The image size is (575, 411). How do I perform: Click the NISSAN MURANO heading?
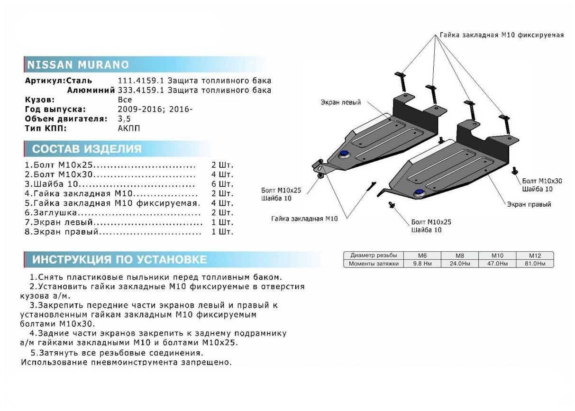pos(78,65)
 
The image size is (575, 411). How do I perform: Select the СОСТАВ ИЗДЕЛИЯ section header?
pos(87,149)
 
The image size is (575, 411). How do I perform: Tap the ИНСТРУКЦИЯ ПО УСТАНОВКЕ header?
pos(119,259)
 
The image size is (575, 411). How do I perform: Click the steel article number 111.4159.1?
pos(138,81)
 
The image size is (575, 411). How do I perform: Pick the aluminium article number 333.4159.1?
pos(138,90)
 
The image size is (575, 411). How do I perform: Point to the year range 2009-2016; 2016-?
pos(155,109)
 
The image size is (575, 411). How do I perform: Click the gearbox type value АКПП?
pos(129,128)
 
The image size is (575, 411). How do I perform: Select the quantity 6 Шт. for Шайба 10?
pos(222,184)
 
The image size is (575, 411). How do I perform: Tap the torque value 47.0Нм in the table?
pos(497,264)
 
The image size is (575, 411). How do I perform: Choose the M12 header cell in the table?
pos(534,256)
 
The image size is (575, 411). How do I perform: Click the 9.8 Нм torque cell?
pos(421,264)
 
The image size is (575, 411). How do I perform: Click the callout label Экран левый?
pos(340,102)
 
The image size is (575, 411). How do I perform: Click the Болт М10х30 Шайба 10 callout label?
pos(542,185)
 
